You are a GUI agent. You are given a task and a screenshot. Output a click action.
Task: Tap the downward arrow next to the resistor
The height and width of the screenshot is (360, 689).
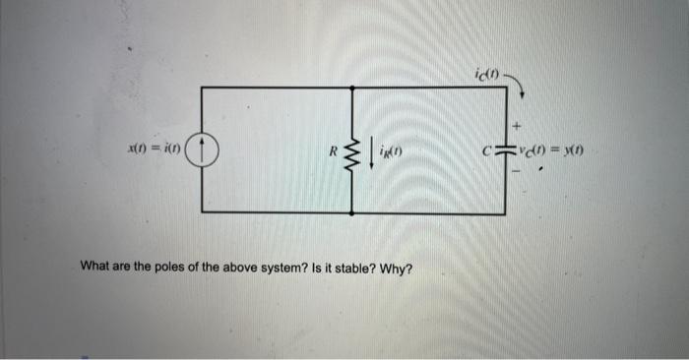[372, 151]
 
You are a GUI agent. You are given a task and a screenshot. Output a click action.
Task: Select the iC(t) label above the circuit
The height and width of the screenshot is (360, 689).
[487, 74]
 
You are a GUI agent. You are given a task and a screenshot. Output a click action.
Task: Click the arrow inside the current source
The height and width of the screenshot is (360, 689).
[202, 150]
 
